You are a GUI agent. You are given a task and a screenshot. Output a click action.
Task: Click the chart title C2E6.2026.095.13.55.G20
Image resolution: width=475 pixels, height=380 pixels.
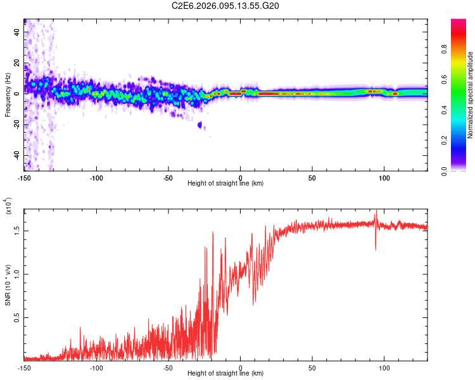click(225, 6)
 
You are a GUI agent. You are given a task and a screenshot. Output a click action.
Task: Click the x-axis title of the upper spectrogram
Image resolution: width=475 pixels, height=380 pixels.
click(225, 183)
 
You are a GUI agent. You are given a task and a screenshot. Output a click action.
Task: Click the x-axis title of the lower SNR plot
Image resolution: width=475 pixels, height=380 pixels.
click(225, 373)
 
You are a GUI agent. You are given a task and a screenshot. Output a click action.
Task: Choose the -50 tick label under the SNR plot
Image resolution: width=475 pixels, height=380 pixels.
click(168, 367)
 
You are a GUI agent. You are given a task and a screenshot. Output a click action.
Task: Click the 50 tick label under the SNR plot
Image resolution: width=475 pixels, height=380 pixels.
click(312, 367)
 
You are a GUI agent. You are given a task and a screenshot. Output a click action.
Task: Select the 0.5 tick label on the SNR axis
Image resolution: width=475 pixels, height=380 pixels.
click(16, 317)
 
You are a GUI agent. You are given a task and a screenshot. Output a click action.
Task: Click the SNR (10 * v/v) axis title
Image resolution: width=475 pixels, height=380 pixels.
click(8, 285)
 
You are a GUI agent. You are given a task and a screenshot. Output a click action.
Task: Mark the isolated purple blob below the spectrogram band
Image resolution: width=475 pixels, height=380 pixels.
click(201, 125)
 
